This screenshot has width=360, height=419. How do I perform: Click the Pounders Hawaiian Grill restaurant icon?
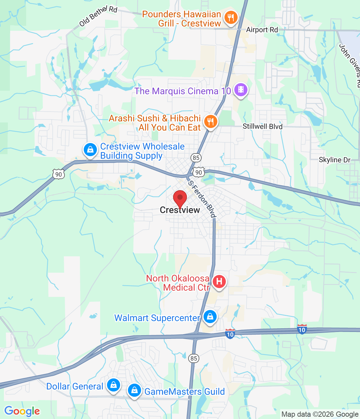pyautogui.click(x=231, y=18)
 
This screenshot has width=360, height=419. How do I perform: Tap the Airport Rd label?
pyautogui.click(x=262, y=30)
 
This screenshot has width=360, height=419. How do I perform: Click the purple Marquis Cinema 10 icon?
pyautogui.click(x=241, y=89)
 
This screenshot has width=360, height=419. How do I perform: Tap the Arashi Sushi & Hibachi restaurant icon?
pyautogui.click(x=211, y=121)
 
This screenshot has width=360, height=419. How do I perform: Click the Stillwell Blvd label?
pyautogui.click(x=262, y=126)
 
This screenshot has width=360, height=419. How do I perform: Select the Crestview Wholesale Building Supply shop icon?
pyautogui.click(x=90, y=150)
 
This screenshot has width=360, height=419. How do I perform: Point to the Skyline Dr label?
pyautogui.click(x=334, y=160)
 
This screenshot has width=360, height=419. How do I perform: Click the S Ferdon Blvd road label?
pyautogui.click(x=202, y=199)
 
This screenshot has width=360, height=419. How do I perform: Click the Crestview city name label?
pyautogui.click(x=180, y=210)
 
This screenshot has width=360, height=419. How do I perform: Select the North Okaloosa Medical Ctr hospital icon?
pyautogui.click(x=219, y=281)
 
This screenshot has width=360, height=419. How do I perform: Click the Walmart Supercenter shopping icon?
pyautogui.click(x=210, y=317)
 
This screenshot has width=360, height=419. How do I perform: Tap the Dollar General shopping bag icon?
pyautogui.click(x=113, y=385)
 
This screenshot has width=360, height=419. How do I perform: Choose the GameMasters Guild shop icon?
pyautogui.click(x=134, y=390)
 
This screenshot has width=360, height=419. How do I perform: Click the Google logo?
pyautogui.click(x=22, y=411)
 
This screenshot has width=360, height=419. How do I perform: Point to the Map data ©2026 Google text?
pyautogui.click(x=320, y=414)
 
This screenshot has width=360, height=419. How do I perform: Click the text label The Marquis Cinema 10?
pyautogui.click(x=183, y=91)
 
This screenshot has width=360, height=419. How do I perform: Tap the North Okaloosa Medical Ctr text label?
pyautogui.click(x=178, y=283)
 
